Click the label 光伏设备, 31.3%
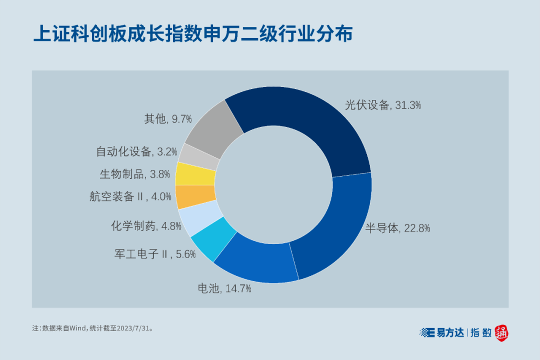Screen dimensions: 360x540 (383, 105)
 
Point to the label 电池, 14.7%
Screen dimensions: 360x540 (224, 288)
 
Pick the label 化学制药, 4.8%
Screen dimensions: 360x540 (146, 226)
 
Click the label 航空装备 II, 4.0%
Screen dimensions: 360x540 (130, 196)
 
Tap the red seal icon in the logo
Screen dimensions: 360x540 (502, 332)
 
